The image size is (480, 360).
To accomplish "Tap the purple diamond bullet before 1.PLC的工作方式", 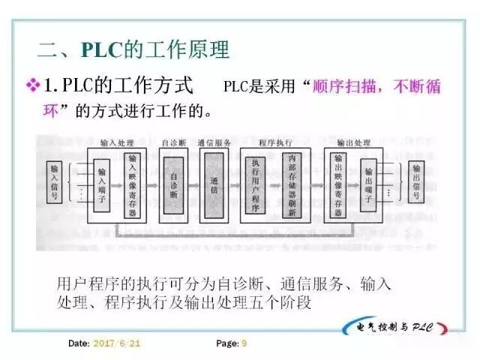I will click(x=32, y=86).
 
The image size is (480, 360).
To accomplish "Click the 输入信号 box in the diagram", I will click(x=53, y=182).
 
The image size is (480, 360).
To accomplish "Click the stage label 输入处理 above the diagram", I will click(x=116, y=142).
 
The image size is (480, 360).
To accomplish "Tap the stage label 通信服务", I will click(x=214, y=142).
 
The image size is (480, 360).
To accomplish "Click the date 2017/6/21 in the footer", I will click(x=116, y=343).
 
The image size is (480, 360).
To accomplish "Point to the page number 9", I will click(x=244, y=343).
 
